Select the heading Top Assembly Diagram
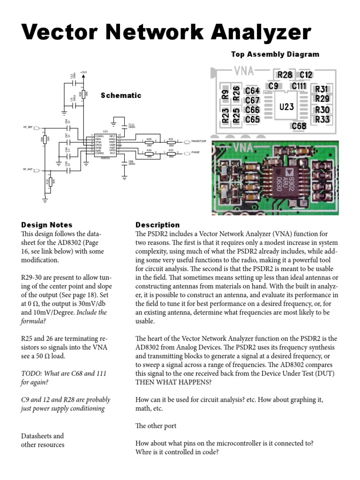(275, 54)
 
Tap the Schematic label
(121, 96)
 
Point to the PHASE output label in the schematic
(196, 153)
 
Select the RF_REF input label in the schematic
(28, 127)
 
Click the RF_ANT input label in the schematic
(28, 169)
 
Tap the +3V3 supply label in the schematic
(83, 72)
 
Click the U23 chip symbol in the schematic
(105, 146)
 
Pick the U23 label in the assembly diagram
(286, 107)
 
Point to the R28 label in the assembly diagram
(285, 75)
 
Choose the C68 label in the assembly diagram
(299, 126)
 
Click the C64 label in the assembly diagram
(252, 91)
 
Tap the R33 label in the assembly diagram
(322, 120)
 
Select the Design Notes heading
(47, 225)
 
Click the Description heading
(157, 225)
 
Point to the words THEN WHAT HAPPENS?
(173, 382)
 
